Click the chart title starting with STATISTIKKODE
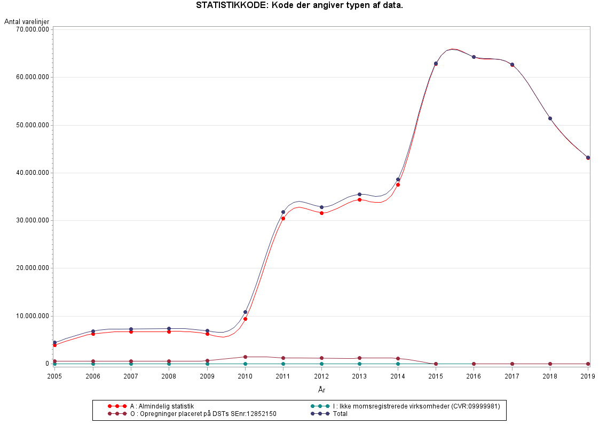click(299, 5)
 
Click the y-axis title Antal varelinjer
click(27, 21)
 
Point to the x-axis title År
click(321, 390)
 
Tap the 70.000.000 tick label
click(33, 30)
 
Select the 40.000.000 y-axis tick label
click(33, 173)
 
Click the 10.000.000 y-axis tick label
click(33, 316)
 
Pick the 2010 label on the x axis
click(245, 376)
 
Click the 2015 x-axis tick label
click(436, 376)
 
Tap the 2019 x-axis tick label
click(588, 376)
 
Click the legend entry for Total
click(340, 414)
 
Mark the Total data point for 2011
click(283, 212)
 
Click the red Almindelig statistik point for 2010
click(245, 319)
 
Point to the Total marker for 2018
click(550, 118)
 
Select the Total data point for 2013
click(359, 194)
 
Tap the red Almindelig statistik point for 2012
click(321, 213)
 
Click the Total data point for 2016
click(474, 57)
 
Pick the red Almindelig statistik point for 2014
click(398, 184)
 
